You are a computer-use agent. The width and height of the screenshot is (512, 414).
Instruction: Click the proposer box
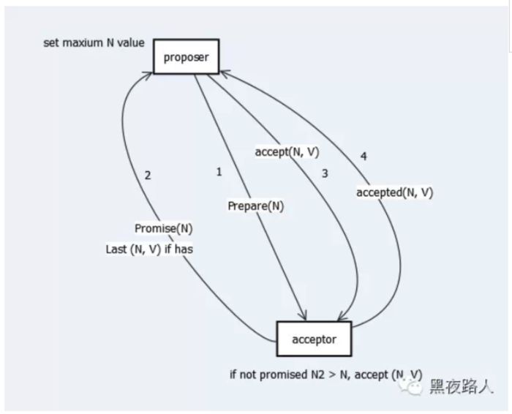point(187,56)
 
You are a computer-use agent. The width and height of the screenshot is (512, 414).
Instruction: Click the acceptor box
point(313,339)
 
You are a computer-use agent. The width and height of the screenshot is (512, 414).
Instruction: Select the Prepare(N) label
point(255,206)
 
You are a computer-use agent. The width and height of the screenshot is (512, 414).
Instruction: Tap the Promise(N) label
point(164,228)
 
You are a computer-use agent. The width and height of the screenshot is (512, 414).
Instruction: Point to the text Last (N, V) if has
point(149,249)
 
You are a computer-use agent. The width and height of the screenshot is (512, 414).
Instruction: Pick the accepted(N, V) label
point(395,192)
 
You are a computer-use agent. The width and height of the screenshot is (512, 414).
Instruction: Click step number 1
point(218,171)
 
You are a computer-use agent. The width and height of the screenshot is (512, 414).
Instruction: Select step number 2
point(148,175)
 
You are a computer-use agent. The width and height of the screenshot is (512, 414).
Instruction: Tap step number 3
point(325,173)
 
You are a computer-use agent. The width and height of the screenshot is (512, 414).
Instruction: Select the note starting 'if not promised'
point(325,375)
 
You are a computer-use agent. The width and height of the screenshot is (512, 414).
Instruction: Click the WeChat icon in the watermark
point(414,388)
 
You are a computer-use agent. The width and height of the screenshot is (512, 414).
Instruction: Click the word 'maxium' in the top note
point(85,43)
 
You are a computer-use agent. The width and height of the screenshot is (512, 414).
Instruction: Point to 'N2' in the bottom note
point(318,375)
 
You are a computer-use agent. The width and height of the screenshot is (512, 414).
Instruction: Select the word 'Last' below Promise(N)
point(117,249)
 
